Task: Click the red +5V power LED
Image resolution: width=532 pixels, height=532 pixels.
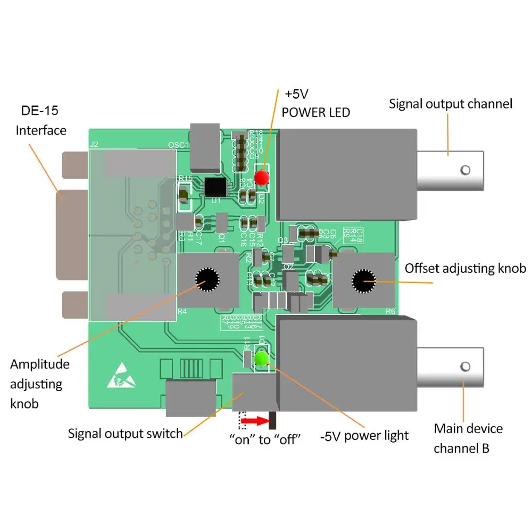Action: [261, 178]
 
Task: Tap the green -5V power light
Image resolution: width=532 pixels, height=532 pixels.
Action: [261, 359]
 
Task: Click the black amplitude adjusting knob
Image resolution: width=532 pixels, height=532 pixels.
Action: [207, 278]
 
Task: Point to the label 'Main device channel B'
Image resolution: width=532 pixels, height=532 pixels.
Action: [468, 438]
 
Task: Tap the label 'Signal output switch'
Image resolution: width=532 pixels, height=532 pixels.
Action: [126, 434]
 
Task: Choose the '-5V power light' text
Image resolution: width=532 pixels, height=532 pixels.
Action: [364, 436]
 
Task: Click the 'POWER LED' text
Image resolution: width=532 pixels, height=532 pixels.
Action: [316, 112]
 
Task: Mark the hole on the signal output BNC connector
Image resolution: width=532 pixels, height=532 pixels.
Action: [465, 170]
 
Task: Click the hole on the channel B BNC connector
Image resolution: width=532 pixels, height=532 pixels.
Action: [465, 367]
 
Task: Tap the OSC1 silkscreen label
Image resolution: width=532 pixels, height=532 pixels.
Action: [178, 145]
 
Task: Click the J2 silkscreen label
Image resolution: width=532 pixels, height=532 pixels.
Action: [95, 144]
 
